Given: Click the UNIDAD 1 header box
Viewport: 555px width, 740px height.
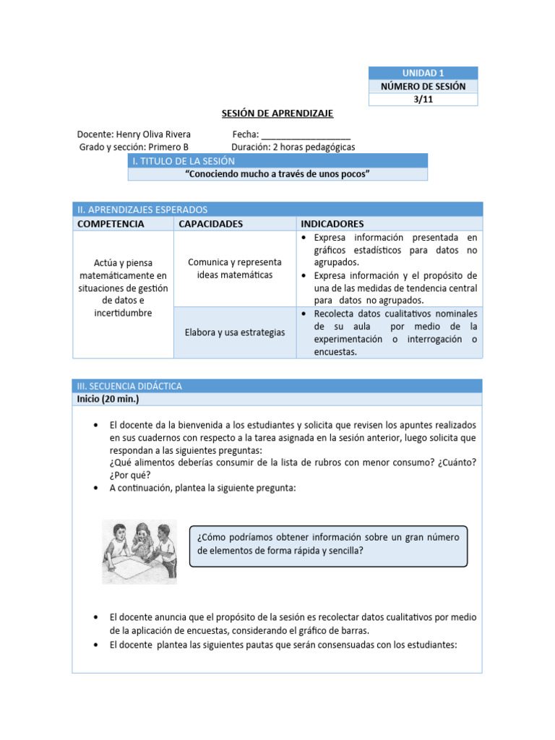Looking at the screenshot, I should point(423,73).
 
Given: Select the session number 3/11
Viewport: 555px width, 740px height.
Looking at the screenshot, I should point(423,100).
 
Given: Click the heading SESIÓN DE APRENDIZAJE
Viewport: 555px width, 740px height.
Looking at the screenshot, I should point(277,113).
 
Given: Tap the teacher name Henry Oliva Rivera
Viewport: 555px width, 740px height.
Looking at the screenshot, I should point(155,134).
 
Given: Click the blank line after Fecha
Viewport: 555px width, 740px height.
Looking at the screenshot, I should point(306,135).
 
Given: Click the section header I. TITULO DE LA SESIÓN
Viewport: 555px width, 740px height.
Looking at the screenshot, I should point(184,160).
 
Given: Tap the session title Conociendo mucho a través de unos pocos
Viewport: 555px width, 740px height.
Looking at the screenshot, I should point(277,174).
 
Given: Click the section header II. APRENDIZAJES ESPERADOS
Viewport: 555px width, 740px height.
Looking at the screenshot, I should point(142,209).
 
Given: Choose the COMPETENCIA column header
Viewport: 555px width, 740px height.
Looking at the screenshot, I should point(111,223).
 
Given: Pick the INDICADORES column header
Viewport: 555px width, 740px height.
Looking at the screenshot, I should point(332,223).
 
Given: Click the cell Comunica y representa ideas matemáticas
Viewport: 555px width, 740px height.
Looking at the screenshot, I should point(234,268).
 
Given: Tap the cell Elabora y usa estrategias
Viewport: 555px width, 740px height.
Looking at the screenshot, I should point(234,332).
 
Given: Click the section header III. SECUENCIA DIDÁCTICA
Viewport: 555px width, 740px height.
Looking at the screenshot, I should point(130,386).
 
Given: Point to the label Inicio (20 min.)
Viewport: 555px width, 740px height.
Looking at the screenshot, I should point(108,399).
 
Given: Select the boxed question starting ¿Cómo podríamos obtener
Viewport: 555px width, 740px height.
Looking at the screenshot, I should point(327,544).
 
